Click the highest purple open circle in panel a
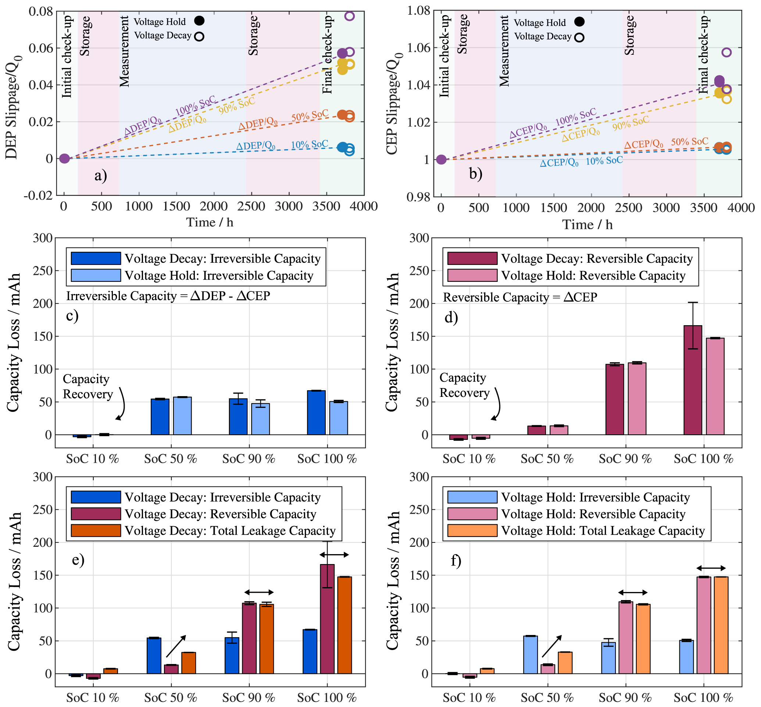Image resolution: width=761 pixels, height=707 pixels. [350, 16]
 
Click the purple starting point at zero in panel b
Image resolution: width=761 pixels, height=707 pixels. [442, 159]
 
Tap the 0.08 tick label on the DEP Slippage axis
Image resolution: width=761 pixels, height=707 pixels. [40, 11]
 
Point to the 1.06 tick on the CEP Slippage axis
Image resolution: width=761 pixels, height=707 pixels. [418, 48]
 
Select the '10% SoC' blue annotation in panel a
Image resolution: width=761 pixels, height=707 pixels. [309, 144]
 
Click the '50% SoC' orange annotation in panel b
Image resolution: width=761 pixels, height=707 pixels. [689, 142]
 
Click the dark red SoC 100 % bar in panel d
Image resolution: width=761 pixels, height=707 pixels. [693, 380]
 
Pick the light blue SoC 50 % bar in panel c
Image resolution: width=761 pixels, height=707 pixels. [183, 416]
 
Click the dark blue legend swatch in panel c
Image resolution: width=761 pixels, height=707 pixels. [96, 259]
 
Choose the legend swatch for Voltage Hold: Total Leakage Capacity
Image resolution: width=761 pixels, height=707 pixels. [472, 531]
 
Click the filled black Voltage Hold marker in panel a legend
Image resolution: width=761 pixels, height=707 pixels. [199, 21]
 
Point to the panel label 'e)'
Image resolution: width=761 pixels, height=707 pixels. [78, 559]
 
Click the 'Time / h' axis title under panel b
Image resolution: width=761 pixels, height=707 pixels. [587, 225]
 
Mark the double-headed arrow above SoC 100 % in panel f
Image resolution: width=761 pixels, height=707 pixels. [711, 568]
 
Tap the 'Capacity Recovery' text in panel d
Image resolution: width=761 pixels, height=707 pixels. [464, 385]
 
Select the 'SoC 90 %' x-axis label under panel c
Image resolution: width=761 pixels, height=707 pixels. [249, 459]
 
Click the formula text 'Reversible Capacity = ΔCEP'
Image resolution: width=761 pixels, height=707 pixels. [520, 297]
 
